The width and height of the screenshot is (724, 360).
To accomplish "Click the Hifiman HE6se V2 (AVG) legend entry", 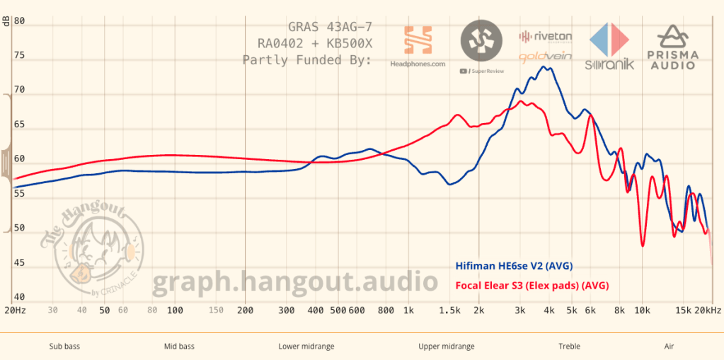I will coord(512,266).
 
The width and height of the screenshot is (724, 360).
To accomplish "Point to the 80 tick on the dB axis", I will coord(20,22).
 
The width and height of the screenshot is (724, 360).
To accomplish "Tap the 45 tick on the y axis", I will coord(20,263).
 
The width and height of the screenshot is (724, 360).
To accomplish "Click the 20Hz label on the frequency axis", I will coord(16,310).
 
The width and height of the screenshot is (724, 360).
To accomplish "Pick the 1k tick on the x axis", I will coord(408,310).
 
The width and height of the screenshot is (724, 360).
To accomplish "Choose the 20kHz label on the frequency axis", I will coord(708,310).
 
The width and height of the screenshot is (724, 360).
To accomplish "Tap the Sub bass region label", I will coord(64,347).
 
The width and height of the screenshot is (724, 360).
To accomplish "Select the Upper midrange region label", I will coord(447,347).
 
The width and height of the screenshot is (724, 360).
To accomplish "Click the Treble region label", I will coord(569,347).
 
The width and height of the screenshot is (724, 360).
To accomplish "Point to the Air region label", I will coord(669,347).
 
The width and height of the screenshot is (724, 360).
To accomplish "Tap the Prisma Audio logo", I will coord(672,47).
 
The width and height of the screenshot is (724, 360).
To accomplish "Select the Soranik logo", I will coord(609,47).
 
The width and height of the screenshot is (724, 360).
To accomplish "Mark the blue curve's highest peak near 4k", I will coord(544,66).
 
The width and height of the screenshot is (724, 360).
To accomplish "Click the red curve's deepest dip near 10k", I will coord(643,245).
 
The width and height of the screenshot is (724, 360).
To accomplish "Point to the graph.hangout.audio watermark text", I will coord(295,281).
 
